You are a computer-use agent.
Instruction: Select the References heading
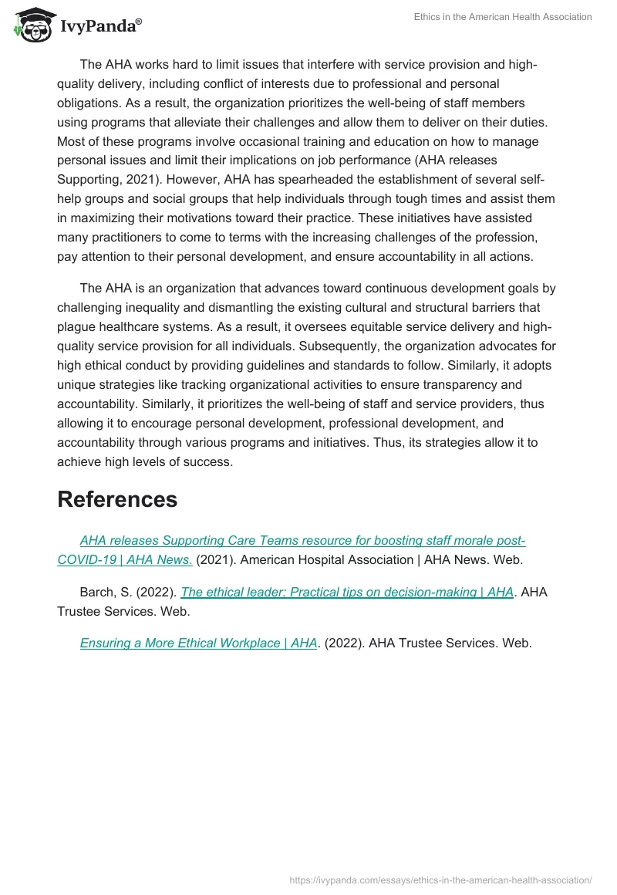point(117,499)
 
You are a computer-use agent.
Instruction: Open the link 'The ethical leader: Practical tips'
point(347,592)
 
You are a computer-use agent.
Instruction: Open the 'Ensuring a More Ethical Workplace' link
point(198,643)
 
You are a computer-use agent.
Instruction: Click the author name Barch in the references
point(96,592)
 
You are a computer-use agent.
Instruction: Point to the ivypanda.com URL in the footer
point(440,879)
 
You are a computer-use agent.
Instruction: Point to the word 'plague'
point(76,326)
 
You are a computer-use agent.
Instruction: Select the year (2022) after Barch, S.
point(158,592)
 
